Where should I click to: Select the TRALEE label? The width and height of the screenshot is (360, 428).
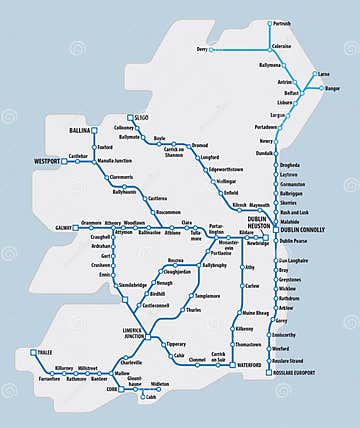click(x=46, y=352)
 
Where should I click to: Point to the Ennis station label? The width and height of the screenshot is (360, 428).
click(x=104, y=274)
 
